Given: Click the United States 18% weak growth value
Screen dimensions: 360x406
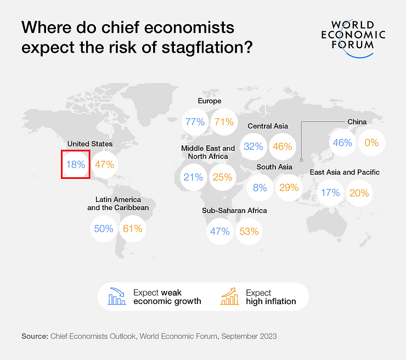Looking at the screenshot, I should coord(76,164).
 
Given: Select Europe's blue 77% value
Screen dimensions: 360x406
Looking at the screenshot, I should coord(195,122).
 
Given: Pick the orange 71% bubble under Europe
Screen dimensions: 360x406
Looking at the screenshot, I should coord(224,122).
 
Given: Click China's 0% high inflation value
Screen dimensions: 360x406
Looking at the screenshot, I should coord(371,143).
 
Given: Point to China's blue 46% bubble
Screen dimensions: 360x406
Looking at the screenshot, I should coord(342,143).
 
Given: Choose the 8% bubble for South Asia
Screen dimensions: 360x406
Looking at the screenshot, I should coord(260,188).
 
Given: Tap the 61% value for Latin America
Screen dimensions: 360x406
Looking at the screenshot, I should coord(133,229).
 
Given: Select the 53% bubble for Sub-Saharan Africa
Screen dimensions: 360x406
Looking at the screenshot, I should coord(249,231).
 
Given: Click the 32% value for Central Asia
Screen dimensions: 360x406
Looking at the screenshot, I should coord(253,147).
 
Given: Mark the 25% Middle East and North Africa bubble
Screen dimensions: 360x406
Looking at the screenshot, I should coord(222,177).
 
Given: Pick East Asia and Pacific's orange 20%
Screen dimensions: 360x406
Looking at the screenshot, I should coord(359,193).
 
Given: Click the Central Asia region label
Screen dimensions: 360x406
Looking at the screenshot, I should coord(268,126).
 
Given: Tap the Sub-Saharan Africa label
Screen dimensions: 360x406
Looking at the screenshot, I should coord(234,211).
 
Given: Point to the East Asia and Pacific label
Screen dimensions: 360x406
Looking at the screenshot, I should coord(345,172).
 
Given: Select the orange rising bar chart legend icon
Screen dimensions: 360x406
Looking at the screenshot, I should coord(230,296).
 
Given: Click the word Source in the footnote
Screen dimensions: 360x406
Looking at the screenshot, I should coord(34,335).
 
